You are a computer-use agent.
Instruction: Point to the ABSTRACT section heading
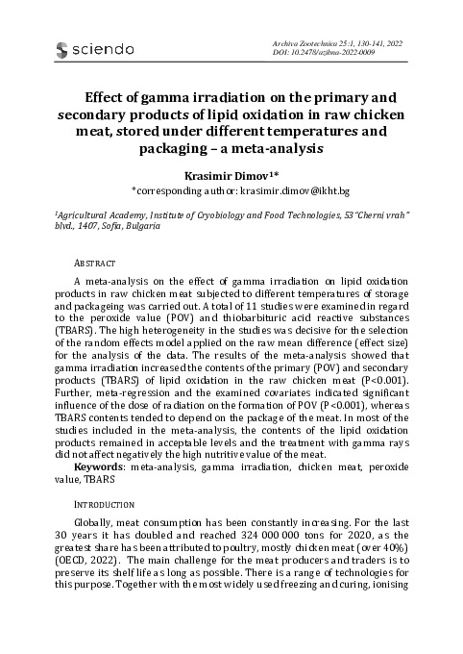pos(94,263)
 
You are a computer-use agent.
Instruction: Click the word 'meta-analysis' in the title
pos(272,151)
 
